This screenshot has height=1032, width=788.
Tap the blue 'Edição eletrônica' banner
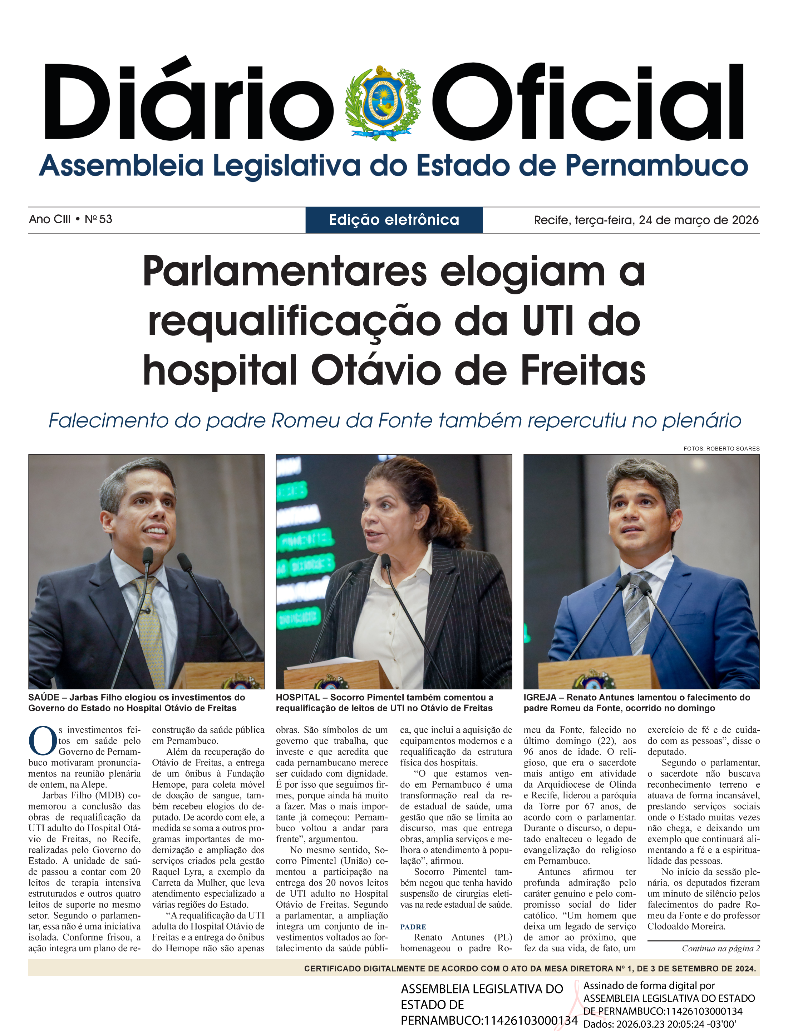pyautogui.click(x=394, y=220)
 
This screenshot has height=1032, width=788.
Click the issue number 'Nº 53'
pyautogui.click(x=99, y=219)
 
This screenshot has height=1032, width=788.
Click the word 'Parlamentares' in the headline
pyautogui.click(x=285, y=272)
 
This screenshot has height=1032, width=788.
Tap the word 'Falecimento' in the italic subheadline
pyautogui.click(x=108, y=420)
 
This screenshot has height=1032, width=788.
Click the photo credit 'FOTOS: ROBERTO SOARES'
pyautogui.click(x=721, y=449)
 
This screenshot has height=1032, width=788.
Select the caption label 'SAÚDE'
pyautogui.click(x=44, y=697)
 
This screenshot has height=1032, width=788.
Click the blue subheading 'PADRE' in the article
pyautogui.click(x=413, y=927)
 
